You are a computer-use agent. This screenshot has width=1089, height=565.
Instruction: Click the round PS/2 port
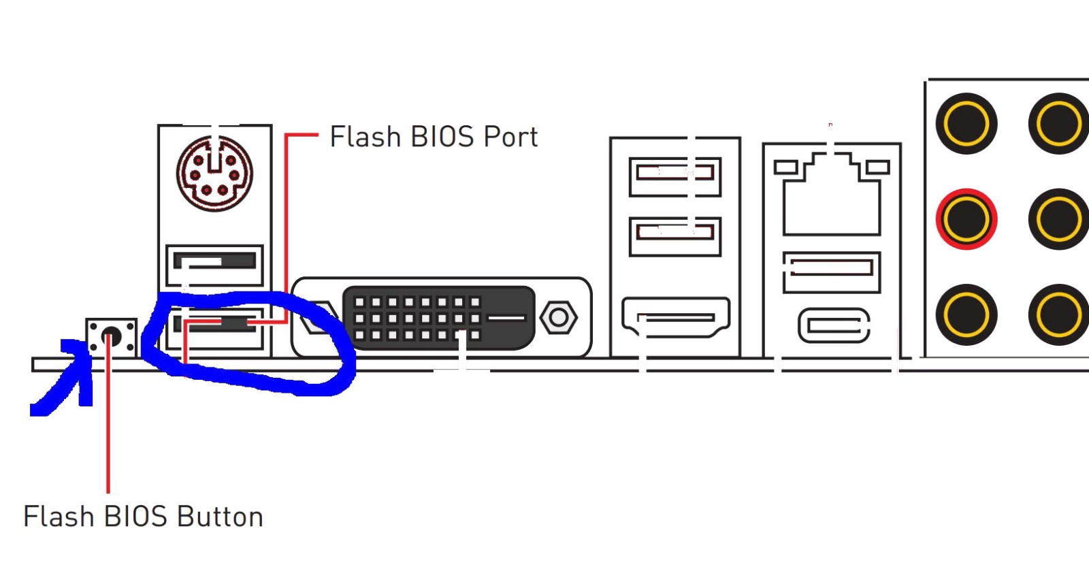point(214,174)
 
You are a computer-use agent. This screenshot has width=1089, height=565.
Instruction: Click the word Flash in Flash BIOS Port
point(365,137)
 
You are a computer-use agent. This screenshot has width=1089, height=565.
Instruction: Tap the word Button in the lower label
point(220,517)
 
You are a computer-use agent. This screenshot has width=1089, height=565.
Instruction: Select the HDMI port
point(675,317)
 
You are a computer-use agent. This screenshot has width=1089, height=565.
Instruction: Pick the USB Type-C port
point(834,325)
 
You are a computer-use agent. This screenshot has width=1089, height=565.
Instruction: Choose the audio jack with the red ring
point(966,219)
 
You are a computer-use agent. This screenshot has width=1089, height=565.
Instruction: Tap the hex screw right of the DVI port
point(558,317)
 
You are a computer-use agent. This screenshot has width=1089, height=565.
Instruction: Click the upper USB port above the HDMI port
point(674,175)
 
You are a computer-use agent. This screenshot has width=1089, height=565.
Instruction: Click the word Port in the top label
point(510,137)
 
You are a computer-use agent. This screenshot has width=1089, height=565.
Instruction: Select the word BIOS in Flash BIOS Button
point(133,517)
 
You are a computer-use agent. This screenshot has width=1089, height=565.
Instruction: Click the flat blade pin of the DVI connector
point(507,317)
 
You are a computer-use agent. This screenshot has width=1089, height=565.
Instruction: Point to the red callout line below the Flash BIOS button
point(108,422)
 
